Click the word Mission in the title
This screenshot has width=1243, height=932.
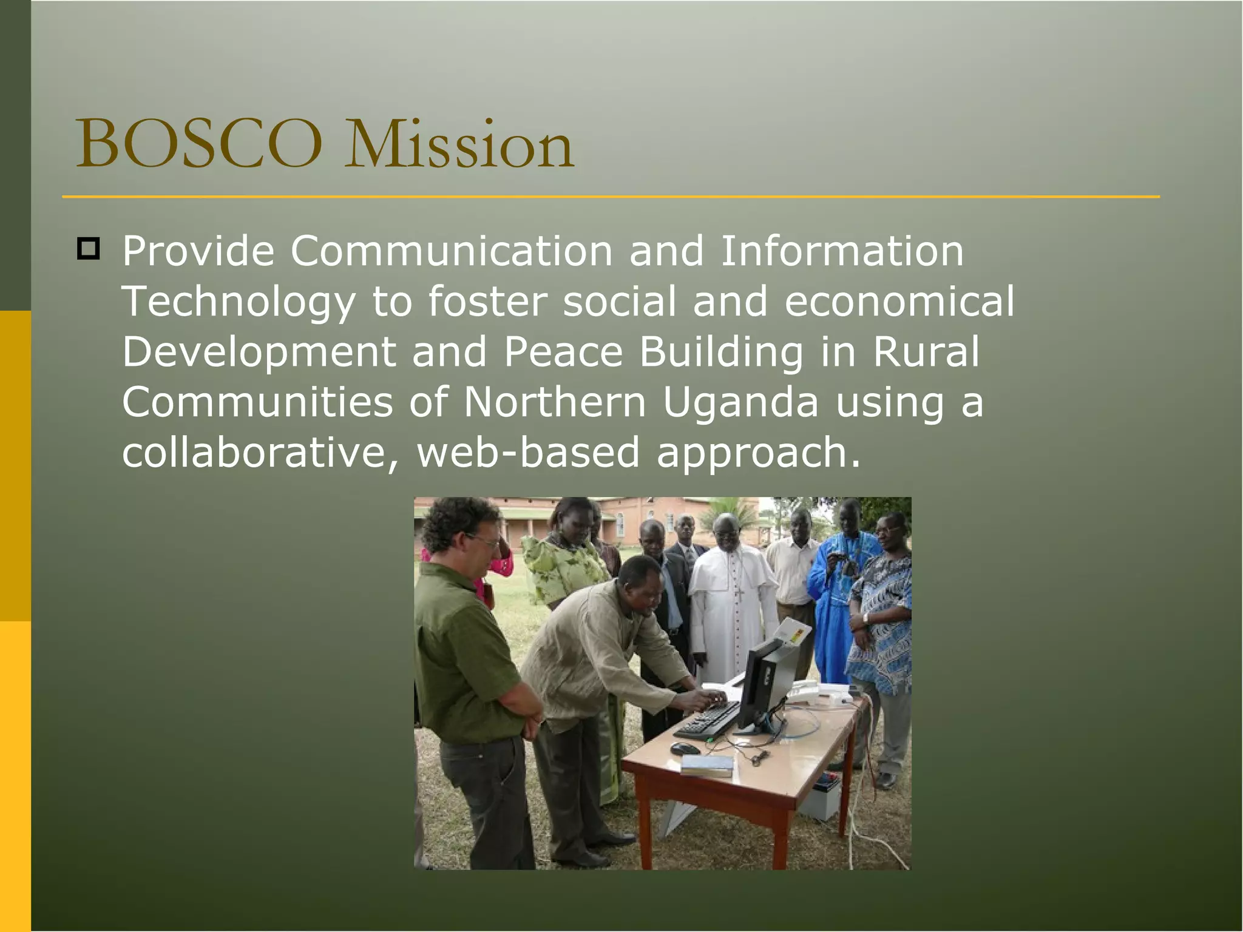[459, 146]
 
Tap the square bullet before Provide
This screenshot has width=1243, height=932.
[89, 249]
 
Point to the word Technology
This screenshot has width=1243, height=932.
[239, 302]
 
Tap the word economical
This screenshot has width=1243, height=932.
[899, 302]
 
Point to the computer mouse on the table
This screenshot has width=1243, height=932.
[685, 749]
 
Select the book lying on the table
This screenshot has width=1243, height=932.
[707, 766]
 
